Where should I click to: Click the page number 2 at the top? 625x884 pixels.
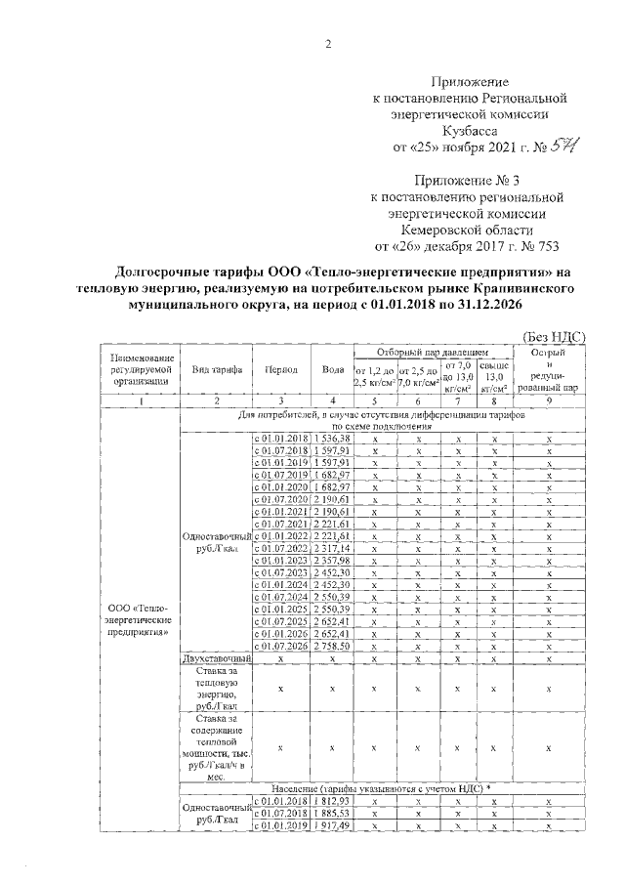click(328, 45)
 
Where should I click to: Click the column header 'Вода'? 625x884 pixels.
click(332, 371)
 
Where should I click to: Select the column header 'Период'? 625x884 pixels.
click(281, 371)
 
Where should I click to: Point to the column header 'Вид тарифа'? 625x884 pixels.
click(216, 371)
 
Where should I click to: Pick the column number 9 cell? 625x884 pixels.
click(550, 400)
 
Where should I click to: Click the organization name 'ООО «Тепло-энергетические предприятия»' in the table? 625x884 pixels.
click(141, 620)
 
